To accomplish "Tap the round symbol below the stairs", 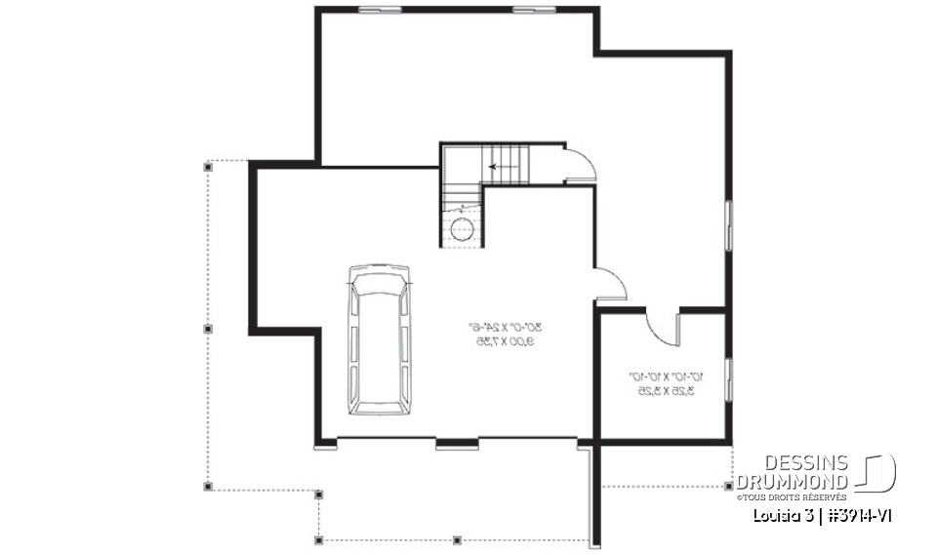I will [x=461, y=229].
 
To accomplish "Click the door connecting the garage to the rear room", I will [x=610, y=284].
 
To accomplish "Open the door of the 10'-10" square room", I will [x=665, y=327].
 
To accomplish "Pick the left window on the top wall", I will [x=380, y=10].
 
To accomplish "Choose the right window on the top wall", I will [x=534, y=10].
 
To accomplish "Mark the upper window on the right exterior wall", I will [x=728, y=227].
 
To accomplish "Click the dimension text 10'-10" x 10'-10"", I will [x=665, y=377].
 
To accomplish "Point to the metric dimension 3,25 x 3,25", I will [x=665, y=391].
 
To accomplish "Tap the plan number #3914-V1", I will [x=855, y=514].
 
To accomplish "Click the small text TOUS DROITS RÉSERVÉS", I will [x=793, y=497].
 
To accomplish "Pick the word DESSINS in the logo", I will [x=805, y=463].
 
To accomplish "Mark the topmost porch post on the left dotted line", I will [x=207, y=167].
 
